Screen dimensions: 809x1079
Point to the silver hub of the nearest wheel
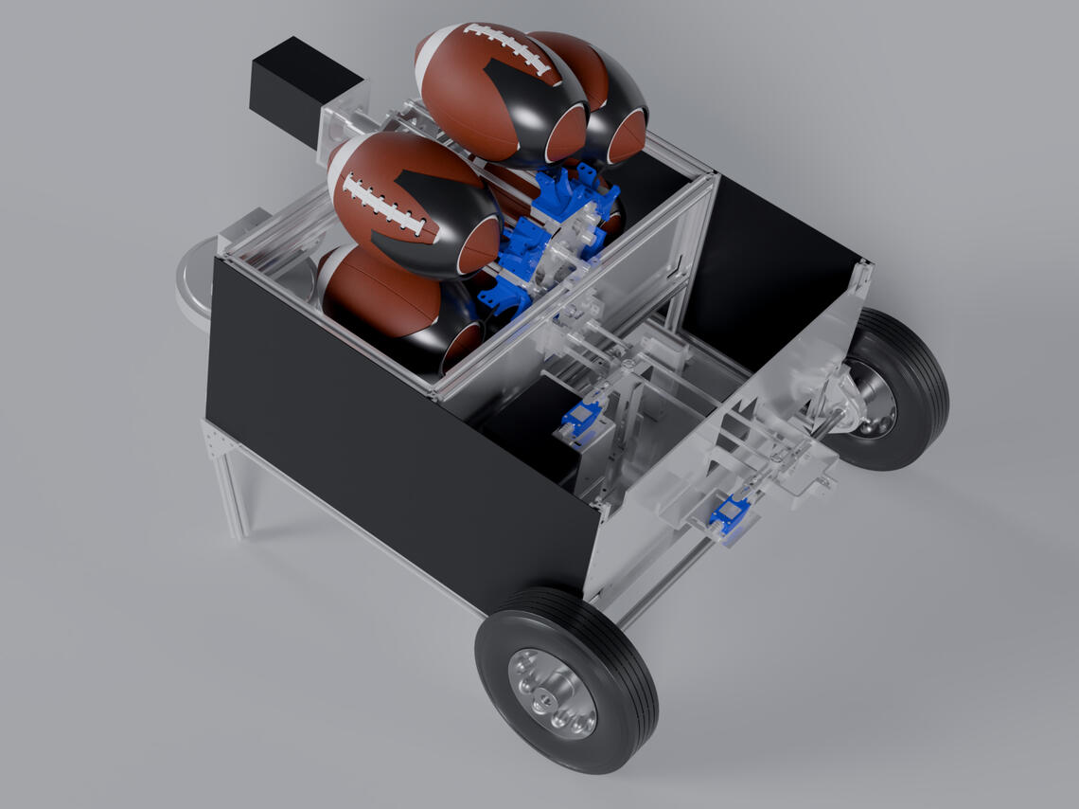click(x=551, y=692)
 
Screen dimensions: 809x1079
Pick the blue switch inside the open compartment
click(x=579, y=418)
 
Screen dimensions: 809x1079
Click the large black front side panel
click(x=398, y=426)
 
